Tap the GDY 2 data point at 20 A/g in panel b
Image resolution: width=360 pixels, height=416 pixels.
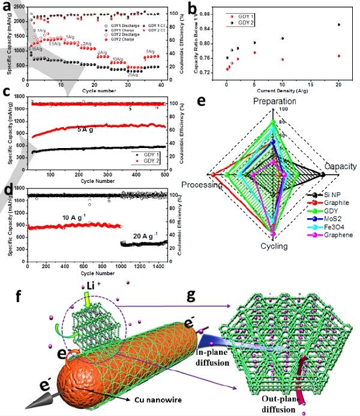(x=339, y=25)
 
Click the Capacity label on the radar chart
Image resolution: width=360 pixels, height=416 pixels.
(x=340, y=167)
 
